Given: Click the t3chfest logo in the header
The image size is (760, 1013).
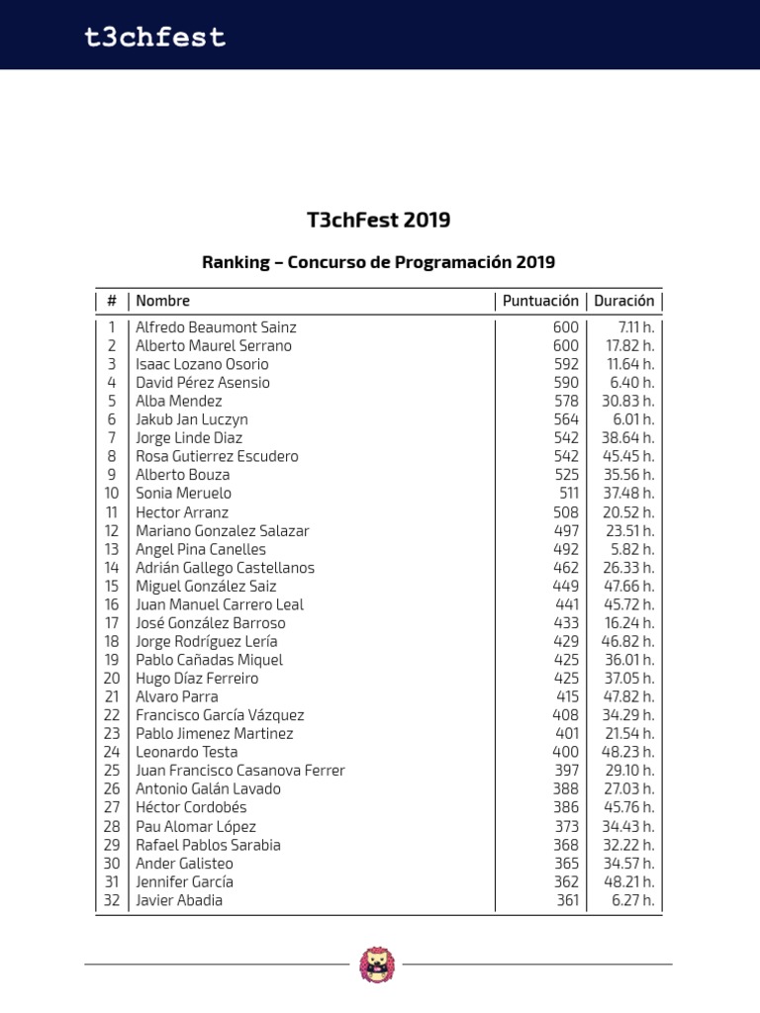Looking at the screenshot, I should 154,38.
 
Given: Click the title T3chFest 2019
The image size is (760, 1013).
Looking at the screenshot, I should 379,220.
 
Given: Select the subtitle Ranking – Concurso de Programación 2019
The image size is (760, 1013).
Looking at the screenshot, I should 379,262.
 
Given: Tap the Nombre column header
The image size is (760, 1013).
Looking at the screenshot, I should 162,301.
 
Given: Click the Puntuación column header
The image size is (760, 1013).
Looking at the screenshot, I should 540,301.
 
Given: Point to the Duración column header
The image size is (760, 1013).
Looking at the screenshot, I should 623,301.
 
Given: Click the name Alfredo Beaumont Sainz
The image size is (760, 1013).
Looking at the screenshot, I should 216,327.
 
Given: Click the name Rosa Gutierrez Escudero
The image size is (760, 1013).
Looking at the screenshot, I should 217,456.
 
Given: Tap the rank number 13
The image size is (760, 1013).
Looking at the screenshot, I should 111,549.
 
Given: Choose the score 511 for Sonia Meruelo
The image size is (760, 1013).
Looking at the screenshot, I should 567,493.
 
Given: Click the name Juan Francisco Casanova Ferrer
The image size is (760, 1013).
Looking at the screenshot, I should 240,771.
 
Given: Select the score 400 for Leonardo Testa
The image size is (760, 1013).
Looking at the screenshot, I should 565,752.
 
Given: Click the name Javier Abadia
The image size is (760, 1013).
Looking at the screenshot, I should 179,900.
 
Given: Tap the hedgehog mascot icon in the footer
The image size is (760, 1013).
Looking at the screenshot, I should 377,965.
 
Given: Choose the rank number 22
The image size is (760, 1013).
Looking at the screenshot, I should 111,715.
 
